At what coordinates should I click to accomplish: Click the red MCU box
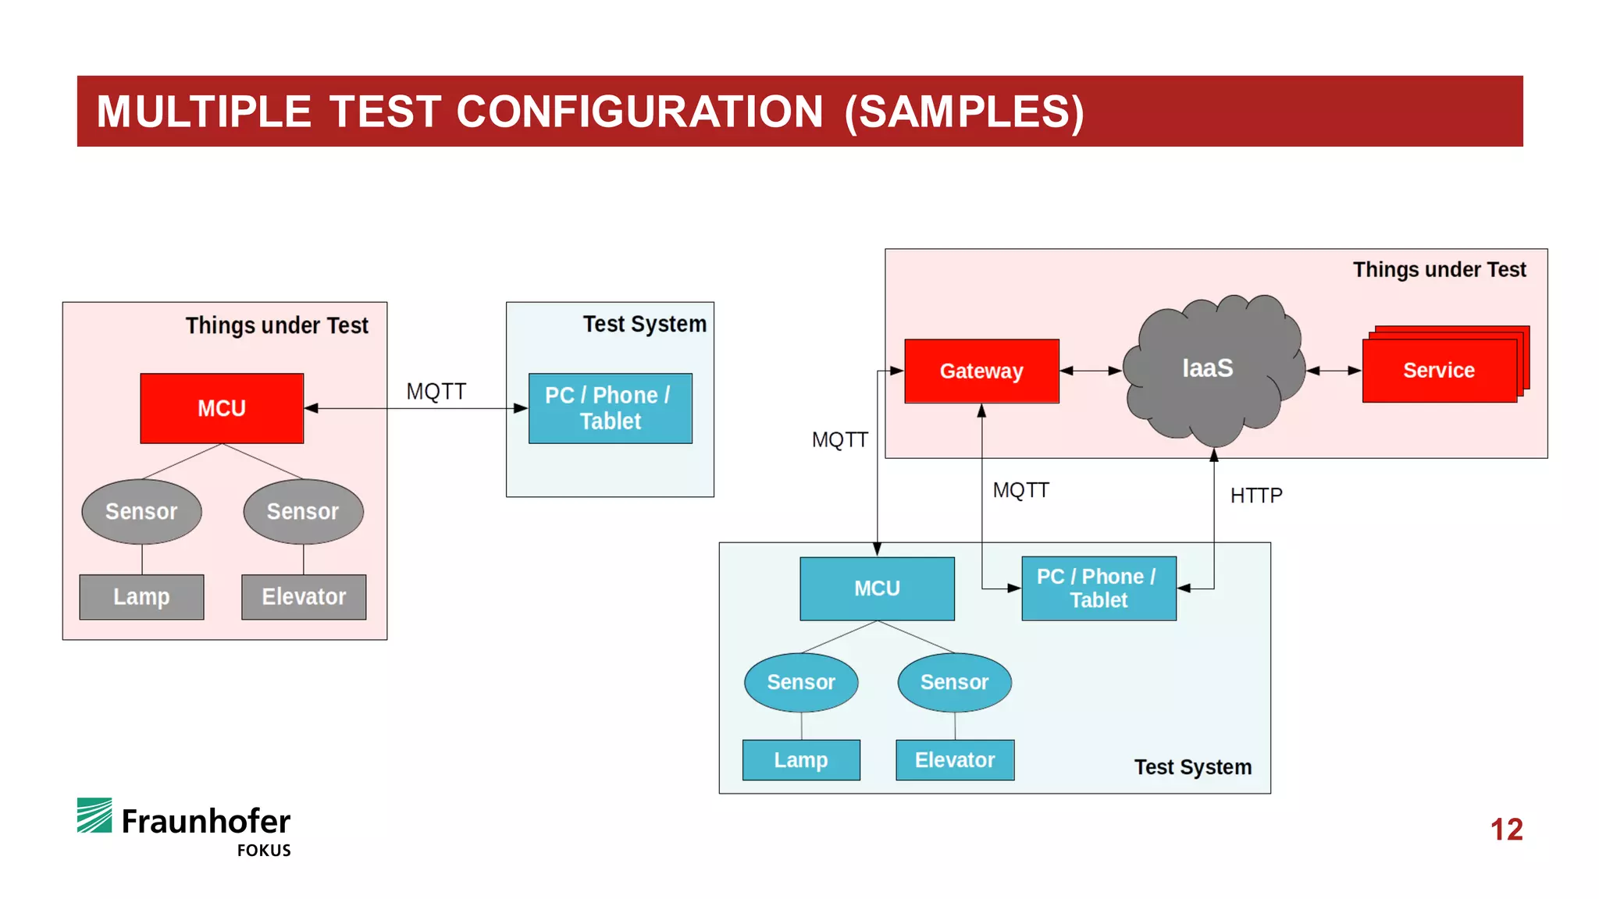[222, 408]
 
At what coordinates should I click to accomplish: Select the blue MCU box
[877, 588]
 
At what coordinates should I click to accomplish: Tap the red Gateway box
[981, 371]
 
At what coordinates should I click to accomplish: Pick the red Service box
[1440, 370]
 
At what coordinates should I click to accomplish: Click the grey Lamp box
[141, 597]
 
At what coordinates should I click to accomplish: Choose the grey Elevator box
[304, 597]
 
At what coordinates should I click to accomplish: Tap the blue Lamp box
[801, 760]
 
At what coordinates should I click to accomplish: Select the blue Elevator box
[955, 760]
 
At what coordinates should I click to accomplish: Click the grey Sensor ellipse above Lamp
[141, 512]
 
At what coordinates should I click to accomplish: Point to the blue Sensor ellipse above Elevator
[955, 682]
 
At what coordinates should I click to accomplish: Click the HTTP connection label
[1256, 496]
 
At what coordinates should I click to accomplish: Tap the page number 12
[1506, 830]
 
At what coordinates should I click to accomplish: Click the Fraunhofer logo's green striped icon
[94, 815]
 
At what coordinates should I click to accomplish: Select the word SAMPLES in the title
[964, 112]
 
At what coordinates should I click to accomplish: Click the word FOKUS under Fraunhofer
[264, 851]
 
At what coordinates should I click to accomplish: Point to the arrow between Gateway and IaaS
[1091, 371]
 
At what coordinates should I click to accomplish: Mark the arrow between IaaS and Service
[1334, 371]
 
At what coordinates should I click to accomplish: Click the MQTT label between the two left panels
[436, 392]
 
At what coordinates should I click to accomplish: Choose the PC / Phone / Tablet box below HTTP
[1099, 588]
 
